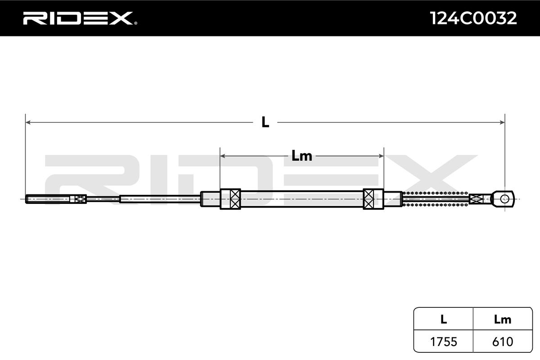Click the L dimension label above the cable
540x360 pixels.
point(265,122)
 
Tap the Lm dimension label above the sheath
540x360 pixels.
point(301,156)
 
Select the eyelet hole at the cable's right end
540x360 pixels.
point(505,198)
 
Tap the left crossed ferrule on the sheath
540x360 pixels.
point(230,199)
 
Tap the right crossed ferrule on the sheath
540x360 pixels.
point(373,199)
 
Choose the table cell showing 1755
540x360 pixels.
point(443,342)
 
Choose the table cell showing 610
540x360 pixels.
point(503,342)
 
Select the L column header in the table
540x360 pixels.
point(443,319)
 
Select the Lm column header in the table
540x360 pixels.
point(503,319)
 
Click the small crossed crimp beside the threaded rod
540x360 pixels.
point(80,199)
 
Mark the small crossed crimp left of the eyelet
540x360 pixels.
point(476,198)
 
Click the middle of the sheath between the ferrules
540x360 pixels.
point(301,199)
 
